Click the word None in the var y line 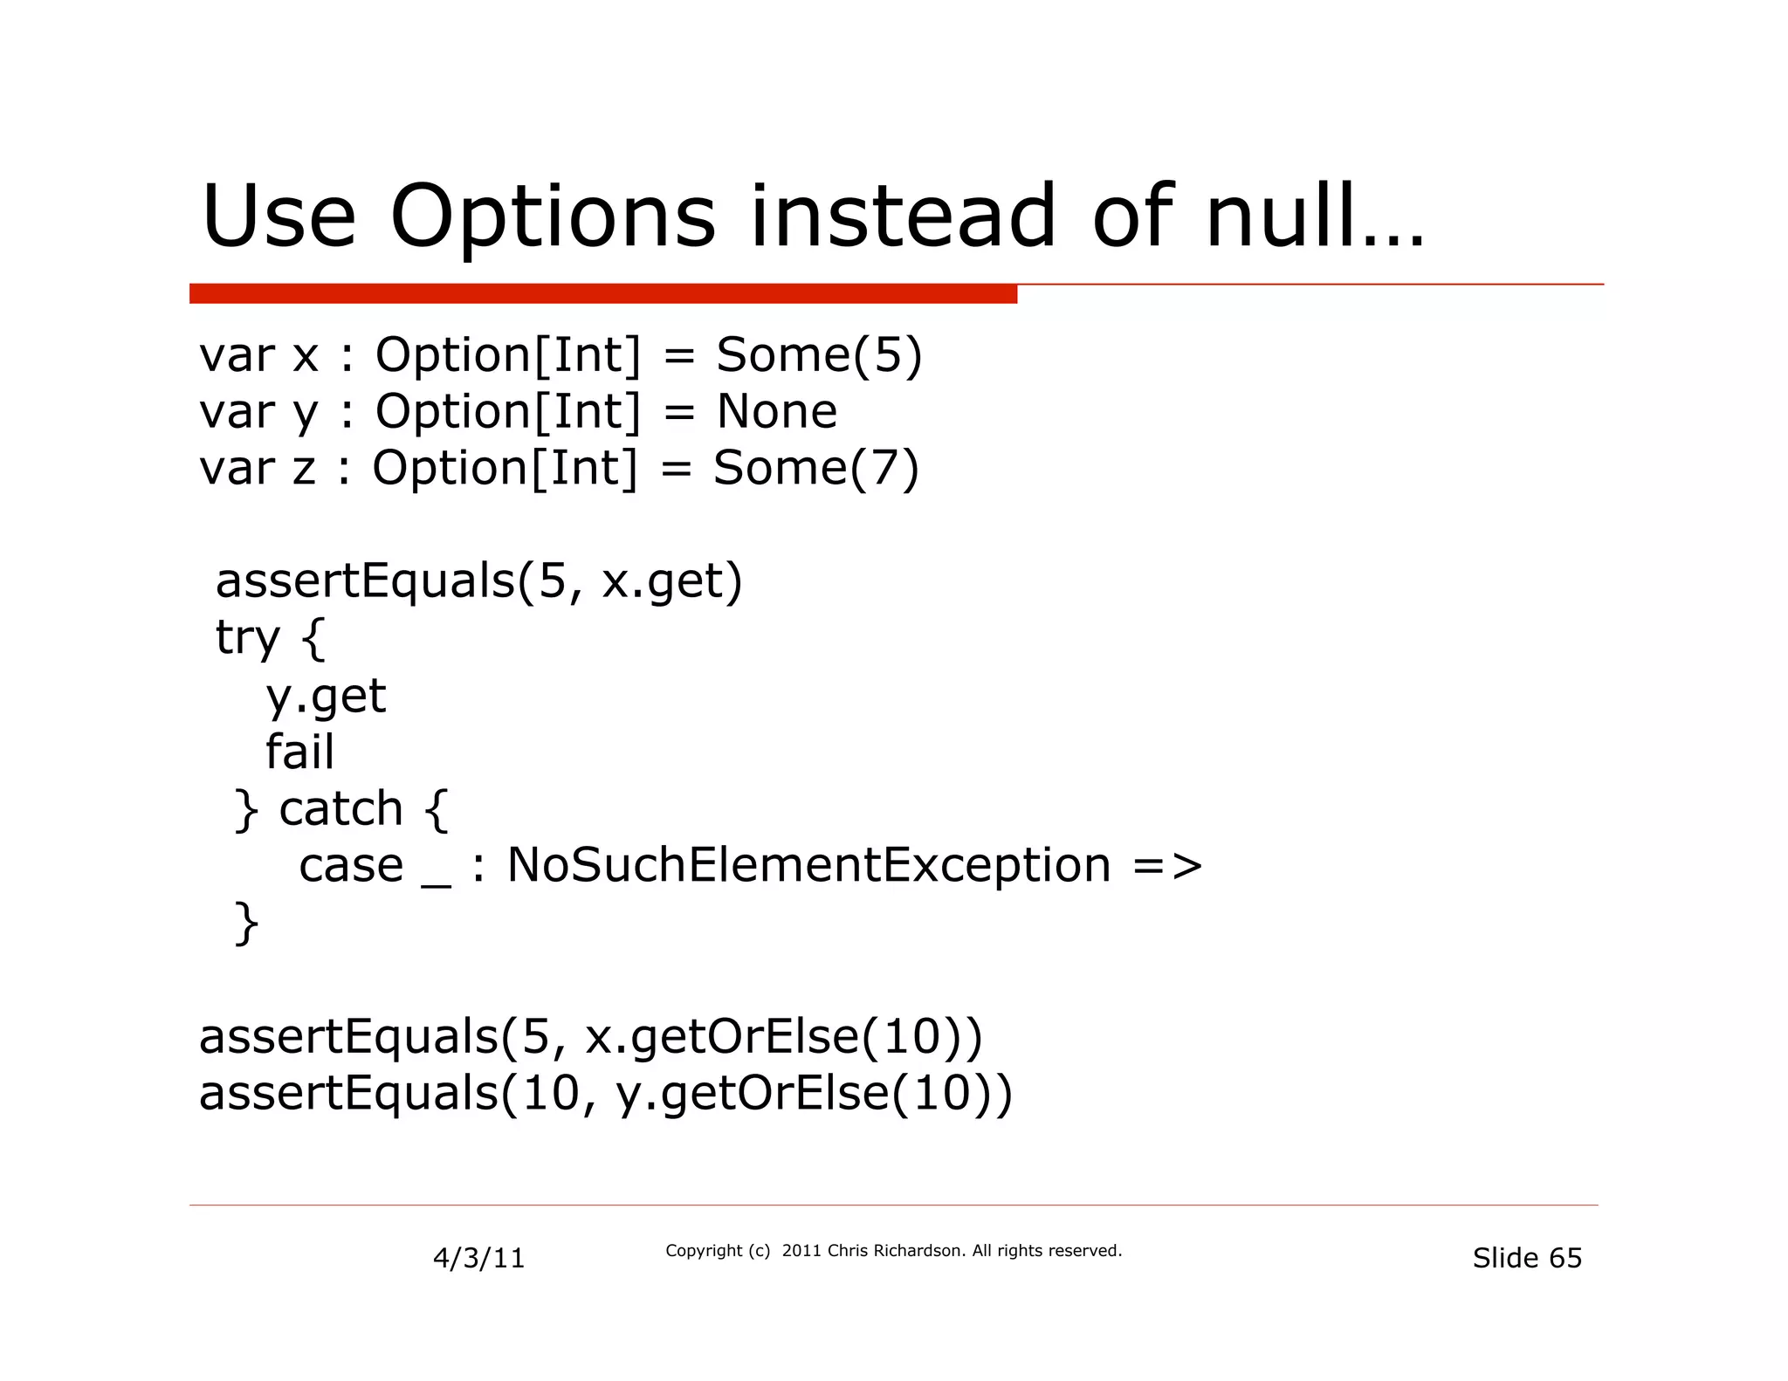[776, 411]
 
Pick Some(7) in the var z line [816, 468]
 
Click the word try [247, 638]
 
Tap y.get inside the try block [326, 696]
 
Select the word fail [299, 752]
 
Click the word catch [340, 808]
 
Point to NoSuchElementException [808, 865]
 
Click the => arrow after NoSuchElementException [1167, 865]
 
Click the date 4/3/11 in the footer [478, 1258]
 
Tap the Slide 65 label [1526, 1258]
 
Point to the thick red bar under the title [602, 294]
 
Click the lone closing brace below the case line [247, 923]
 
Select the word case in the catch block [351, 865]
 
